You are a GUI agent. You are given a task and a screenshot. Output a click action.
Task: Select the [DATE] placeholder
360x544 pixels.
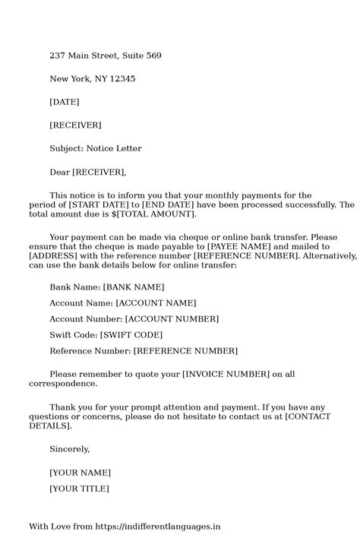tap(64, 101)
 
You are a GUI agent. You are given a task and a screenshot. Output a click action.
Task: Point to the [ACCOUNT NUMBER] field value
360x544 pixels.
tap(172, 318)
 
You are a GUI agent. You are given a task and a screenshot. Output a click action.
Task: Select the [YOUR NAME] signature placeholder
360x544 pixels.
tap(80, 473)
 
